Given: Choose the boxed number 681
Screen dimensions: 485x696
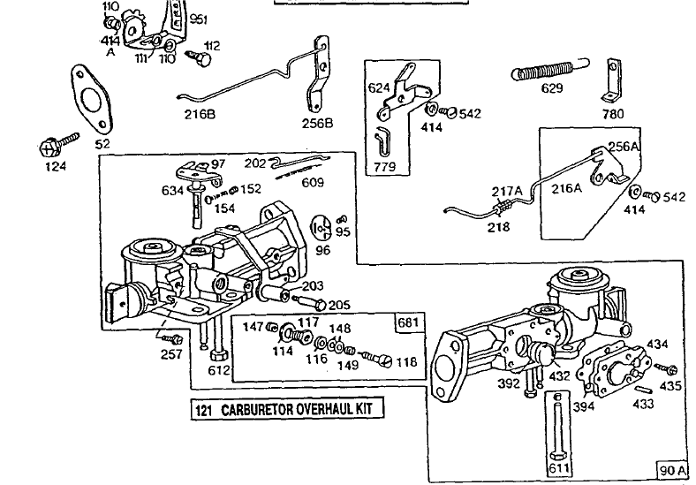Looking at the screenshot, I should pyautogui.click(x=410, y=322).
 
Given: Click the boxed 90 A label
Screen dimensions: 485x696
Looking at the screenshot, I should pyautogui.click(x=674, y=468).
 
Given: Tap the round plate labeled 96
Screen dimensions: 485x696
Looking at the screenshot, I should pyautogui.click(x=323, y=228).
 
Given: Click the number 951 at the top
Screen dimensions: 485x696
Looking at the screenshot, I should pyautogui.click(x=199, y=20).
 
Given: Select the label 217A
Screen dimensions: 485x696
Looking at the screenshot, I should pyautogui.click(x=507, y=188).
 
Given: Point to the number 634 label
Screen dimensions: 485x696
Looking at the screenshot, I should pyautogui.click(x=172, y=190).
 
